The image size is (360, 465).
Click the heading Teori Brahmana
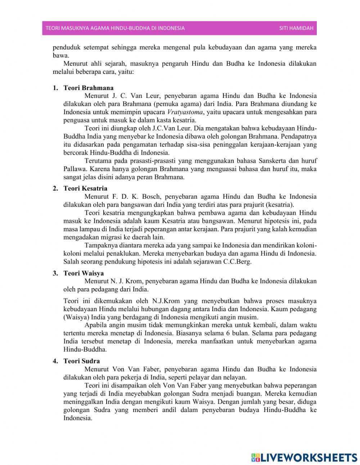[88, 88]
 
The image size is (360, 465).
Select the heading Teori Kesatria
[85, 188]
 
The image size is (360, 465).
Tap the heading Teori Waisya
[84, 273]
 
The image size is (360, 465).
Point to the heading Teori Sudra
[82, 361]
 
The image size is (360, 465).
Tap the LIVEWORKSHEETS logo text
[308, 457]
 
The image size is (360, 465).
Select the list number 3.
[55, 273]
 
